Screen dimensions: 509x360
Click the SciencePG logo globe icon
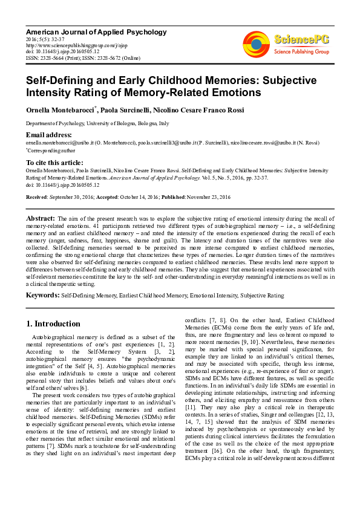(257, 44)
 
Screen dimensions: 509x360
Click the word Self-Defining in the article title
(61, 80)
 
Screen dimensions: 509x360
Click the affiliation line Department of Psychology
(97, 122)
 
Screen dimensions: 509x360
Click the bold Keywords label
(42, 295)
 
